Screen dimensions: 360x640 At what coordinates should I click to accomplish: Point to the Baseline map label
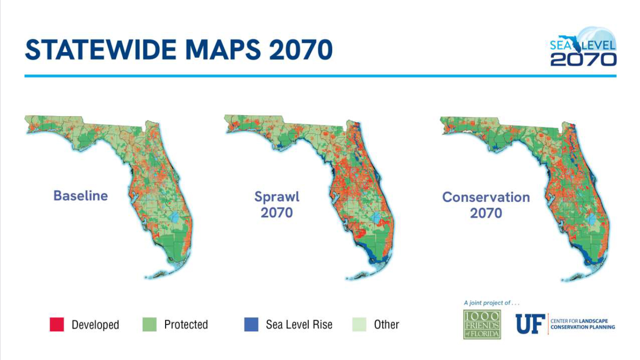coord(80,195)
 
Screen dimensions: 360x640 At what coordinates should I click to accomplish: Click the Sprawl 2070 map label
coord(276,205)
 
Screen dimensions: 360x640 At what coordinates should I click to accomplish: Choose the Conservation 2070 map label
coord(486,205)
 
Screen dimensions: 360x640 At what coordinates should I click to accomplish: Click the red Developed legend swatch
coord(57,324)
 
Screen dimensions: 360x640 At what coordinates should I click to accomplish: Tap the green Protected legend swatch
coord(149,324)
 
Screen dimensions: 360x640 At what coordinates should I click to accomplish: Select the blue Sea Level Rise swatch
coord(251,324)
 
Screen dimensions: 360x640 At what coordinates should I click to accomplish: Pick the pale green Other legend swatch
coord(359,324)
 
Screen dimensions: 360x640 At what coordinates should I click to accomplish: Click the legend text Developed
coord(95,325)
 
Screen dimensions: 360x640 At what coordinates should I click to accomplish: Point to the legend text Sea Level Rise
coord(299,324)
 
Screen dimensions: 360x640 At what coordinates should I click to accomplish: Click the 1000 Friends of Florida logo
coord(482,324)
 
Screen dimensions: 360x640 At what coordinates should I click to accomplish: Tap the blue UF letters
coord(530,324)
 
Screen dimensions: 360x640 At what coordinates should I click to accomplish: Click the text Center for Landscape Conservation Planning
coord(582,324)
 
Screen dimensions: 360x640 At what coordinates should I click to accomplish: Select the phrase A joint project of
coord(491,303)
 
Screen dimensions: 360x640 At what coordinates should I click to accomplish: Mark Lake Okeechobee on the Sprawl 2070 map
coord(375,218)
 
